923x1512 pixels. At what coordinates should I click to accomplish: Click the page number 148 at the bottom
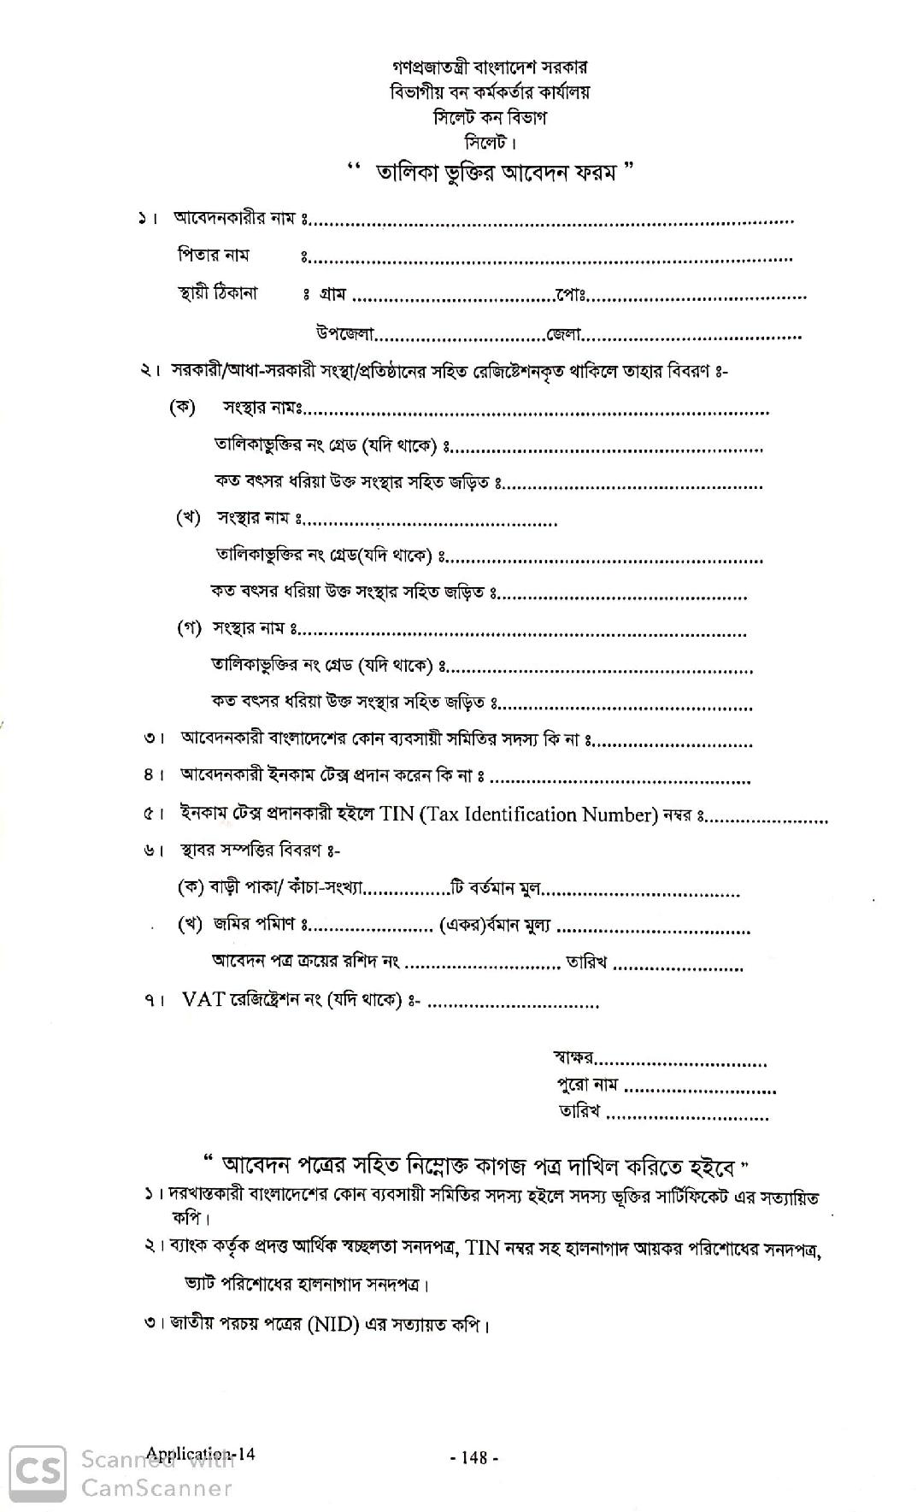click(x=473, y=1457)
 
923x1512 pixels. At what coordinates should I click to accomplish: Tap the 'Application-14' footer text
click(x=200, y=1454)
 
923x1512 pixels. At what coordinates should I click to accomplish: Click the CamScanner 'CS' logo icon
click(x=38, y=1473)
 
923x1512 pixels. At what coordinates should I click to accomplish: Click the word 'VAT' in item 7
click(x=203, y=1000)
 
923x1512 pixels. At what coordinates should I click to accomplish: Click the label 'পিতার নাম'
click(x=213, y=256)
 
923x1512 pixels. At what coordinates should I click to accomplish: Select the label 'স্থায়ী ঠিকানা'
click(x=217, y=293)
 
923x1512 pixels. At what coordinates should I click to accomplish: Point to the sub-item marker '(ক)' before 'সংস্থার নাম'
click(x=182, y=408)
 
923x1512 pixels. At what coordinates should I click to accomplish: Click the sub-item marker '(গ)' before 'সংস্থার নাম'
click(x=189, y=628)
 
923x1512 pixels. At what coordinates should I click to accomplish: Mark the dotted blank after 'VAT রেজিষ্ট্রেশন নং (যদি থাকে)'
click(x=513, y=1003)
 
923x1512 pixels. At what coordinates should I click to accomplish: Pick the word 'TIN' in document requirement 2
click(x=483, y=1248)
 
